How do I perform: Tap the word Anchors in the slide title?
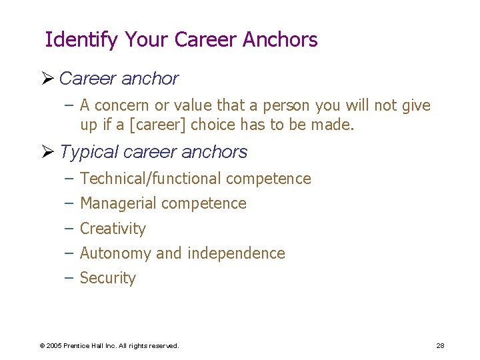click(x=280, y=40)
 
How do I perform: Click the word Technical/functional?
click(x=150, y=179)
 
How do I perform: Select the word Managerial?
click(x=118, y=203)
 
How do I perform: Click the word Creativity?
click(x=113, y=229)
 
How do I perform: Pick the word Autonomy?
click(x=115, y=253)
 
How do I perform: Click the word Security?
click(x=108, y=278)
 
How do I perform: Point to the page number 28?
click(x=440, y=345)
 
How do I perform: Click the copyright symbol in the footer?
click(x=41, y=346)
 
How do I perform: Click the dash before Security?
click(x=69, y=278)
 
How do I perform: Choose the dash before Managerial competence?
click(x=69, y=203)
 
